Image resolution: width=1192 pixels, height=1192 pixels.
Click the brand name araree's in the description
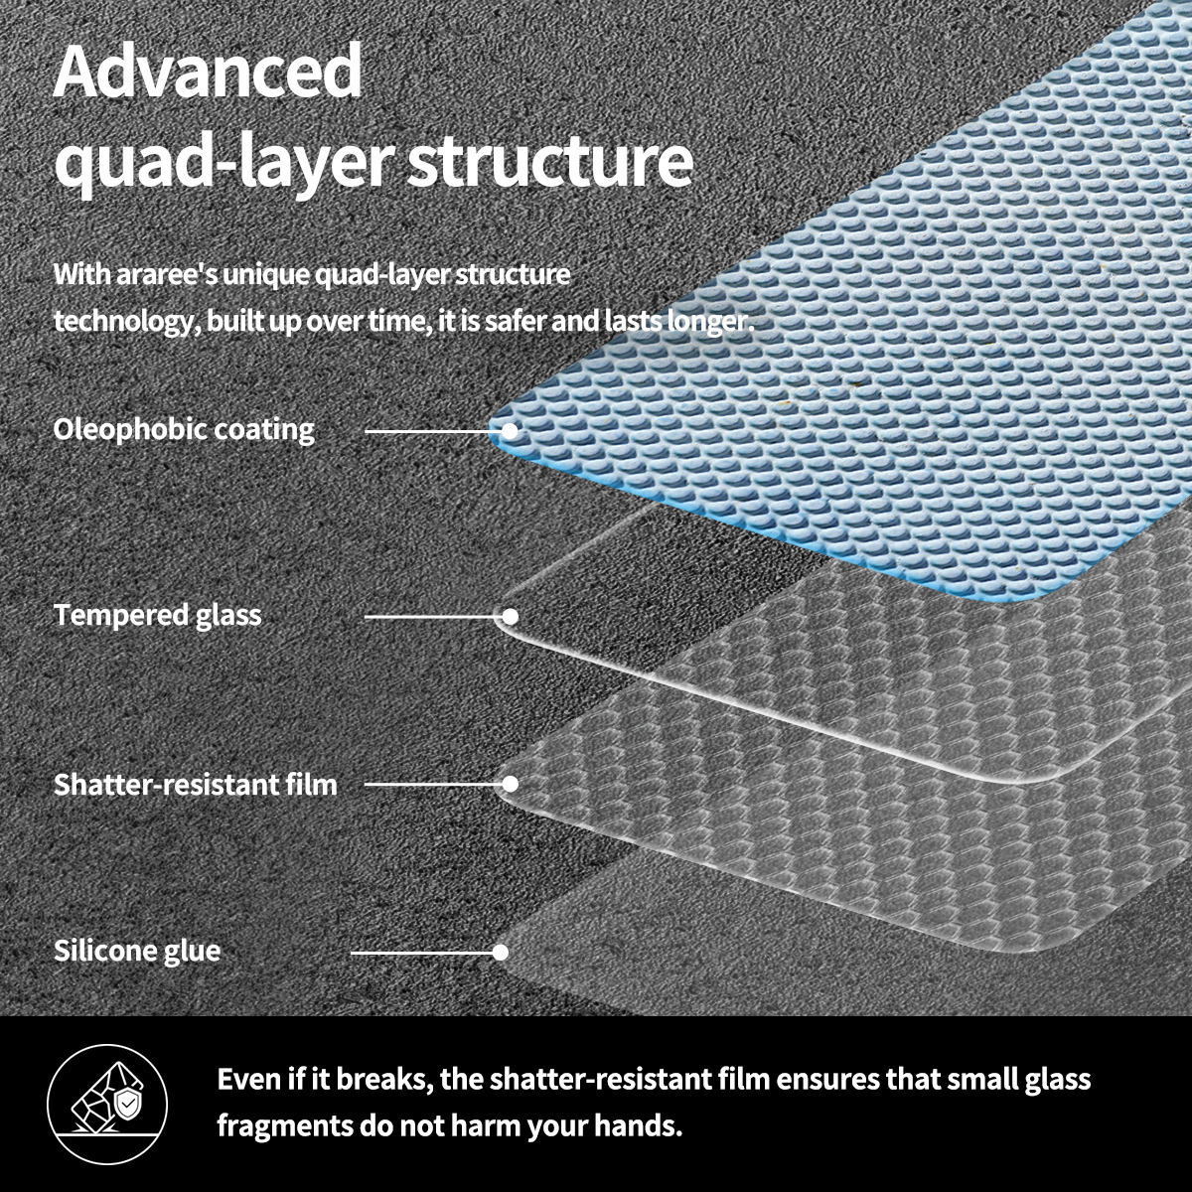pos(162,274)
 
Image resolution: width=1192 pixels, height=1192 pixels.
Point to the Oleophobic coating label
pos(184,429)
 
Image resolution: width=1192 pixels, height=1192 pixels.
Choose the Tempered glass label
pos(158,615)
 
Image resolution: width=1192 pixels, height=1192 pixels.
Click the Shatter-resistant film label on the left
pos(196,784)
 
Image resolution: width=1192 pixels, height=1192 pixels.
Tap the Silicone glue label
pos(137,951)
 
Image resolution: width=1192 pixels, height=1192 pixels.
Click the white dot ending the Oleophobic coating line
pos(510,431)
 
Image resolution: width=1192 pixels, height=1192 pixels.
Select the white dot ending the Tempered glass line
pos(510,616)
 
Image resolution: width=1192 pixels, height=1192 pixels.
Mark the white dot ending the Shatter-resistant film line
pos(510,784)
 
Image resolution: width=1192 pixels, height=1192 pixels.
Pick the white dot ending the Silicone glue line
pos(501,952)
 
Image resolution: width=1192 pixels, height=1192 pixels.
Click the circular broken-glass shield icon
pos(107,1105)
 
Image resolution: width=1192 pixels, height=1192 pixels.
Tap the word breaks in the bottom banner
pos(380,1079)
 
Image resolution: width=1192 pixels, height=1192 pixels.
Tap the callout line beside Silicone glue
pos(422,952)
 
